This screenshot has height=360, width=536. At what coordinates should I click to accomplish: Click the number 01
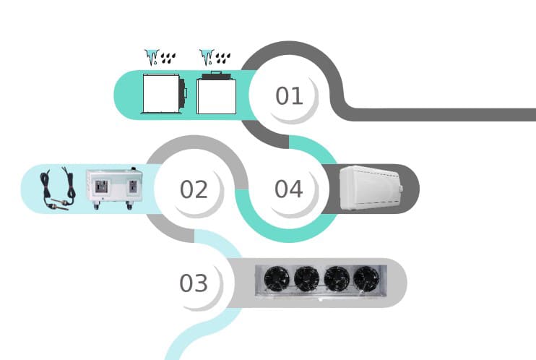289,95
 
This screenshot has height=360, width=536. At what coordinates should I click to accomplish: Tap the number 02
194,189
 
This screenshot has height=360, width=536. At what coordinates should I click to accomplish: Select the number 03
194,283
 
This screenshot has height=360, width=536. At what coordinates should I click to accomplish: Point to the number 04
288,189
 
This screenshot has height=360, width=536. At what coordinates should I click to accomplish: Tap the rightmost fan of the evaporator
366,278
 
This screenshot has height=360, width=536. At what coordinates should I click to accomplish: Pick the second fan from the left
306,278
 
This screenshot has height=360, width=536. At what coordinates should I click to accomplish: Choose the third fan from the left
336,278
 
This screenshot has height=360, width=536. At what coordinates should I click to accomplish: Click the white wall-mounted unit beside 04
371,188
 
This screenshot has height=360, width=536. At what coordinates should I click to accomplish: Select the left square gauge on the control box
99,184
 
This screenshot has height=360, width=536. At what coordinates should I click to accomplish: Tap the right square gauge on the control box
132,184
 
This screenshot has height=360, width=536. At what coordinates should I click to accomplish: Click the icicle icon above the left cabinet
151,56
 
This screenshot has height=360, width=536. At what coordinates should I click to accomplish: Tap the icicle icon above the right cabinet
206,56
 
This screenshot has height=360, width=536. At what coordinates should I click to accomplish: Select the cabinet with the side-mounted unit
160,93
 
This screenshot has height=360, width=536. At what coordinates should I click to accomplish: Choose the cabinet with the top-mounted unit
216,95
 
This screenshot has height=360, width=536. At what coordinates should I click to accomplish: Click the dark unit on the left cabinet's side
183,92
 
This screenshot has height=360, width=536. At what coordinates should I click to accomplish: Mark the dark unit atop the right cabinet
216,74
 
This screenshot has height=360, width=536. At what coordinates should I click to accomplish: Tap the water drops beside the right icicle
223,56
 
